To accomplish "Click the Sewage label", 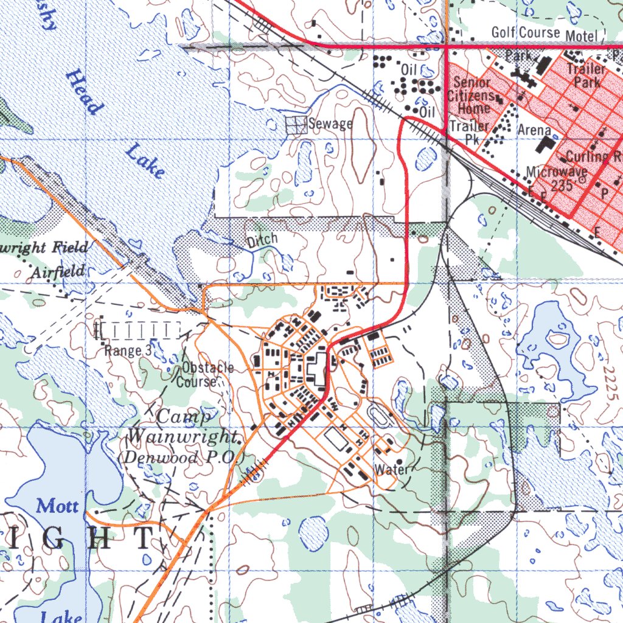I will coord(330,124).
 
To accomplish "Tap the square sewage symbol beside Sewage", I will coord(295,125).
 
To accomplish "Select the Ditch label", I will coord(262,240).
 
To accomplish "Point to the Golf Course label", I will coord(526,32).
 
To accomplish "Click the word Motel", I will coord(581,36).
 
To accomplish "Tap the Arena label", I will coord(534,130).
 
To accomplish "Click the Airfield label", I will coord(58,271).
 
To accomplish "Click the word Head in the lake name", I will coord(84,91).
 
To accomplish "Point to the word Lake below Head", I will coord(145,161).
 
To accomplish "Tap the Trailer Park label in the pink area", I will coord(587,75).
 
